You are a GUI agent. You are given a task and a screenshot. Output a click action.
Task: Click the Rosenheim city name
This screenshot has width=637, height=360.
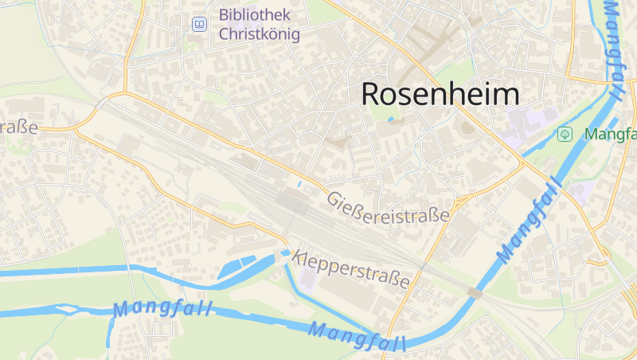440,94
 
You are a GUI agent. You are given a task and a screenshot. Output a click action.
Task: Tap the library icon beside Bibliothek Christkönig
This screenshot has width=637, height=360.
199,25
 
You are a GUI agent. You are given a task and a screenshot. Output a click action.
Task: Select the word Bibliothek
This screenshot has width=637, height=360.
255,15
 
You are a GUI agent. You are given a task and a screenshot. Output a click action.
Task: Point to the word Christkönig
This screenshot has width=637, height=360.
259,34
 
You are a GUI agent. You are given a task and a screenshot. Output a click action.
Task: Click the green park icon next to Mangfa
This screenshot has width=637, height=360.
565,134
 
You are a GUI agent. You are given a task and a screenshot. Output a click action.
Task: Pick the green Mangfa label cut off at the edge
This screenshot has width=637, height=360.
610,134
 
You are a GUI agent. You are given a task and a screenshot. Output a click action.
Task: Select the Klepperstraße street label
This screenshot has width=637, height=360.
351,268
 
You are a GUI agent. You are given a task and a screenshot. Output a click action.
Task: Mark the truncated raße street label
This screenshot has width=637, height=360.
19,127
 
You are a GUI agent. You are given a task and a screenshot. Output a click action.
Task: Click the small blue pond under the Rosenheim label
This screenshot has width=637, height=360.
390,119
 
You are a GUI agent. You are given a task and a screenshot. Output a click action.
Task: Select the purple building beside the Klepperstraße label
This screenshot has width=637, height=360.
307,279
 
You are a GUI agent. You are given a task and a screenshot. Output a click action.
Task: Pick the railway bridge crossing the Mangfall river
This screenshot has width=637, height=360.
475,294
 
